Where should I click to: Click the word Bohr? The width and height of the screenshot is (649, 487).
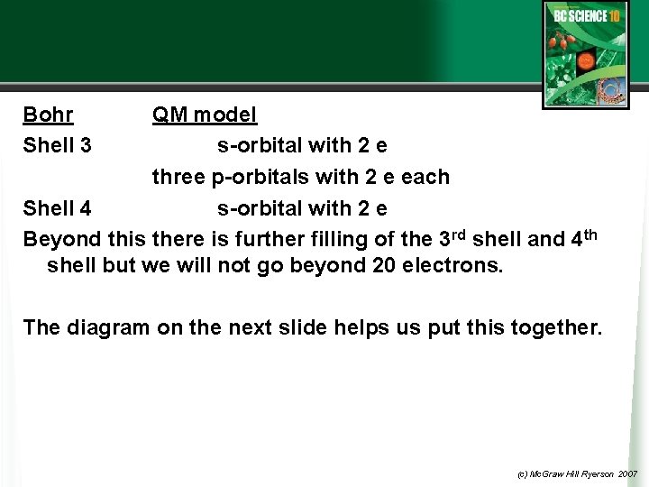(x=49, y=115)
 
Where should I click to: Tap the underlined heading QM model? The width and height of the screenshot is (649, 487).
(x=205, y=115)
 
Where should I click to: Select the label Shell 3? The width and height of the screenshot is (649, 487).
(x=57, y=145)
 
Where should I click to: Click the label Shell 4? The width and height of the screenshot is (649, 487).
(x=57, y=208)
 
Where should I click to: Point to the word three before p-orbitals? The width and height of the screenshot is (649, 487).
(x=178, y=177)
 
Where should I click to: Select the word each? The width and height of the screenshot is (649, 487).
(x=425, y=177)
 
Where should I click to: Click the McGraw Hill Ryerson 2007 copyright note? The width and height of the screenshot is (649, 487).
(x=577, y=473)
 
